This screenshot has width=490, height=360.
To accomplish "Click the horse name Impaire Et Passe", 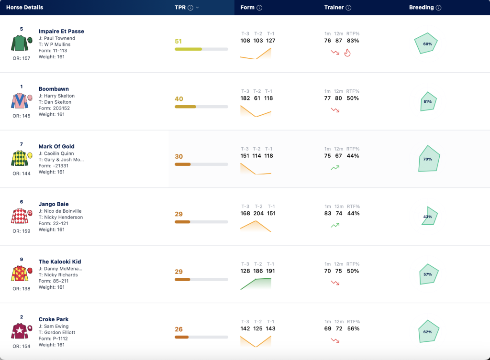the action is pyautogui.click(x=61, y=31).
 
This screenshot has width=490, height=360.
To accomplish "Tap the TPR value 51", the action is pyautogui.click(x=178, y=41).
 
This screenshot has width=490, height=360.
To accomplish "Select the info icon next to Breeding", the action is pyautogui.click(x=438, y=8).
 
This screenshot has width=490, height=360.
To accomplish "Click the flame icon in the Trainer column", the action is pyautogui.click(x=347, y=53).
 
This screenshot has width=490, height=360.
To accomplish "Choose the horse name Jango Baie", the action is pyautogui.click(x=54, y=204).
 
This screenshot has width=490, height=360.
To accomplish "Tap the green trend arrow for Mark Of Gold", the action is pyautogui.click(x=335, y=168).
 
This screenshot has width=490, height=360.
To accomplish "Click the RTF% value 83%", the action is pyautogui.click(x=353, y=41).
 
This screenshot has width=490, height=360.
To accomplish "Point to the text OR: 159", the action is pyautogui.click(x=22, y=231).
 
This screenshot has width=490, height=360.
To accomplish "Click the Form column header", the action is pyautogui.click(x=247, y=8).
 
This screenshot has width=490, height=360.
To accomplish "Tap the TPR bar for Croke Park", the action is pyautogui.click(x=201, y=337).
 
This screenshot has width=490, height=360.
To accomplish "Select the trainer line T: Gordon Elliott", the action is pyautogui.click(x=57, y=333).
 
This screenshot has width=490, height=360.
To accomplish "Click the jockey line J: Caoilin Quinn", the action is pyautogui.click(x=56, y=153).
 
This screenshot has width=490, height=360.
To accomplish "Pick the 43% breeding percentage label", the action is pyautogui.click(x=427, y=217).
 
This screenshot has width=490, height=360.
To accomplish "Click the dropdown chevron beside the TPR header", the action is pyautogui.click(x=197, y=8).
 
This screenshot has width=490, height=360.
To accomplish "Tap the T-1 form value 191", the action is pyautogui.click(x=271, y=271).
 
